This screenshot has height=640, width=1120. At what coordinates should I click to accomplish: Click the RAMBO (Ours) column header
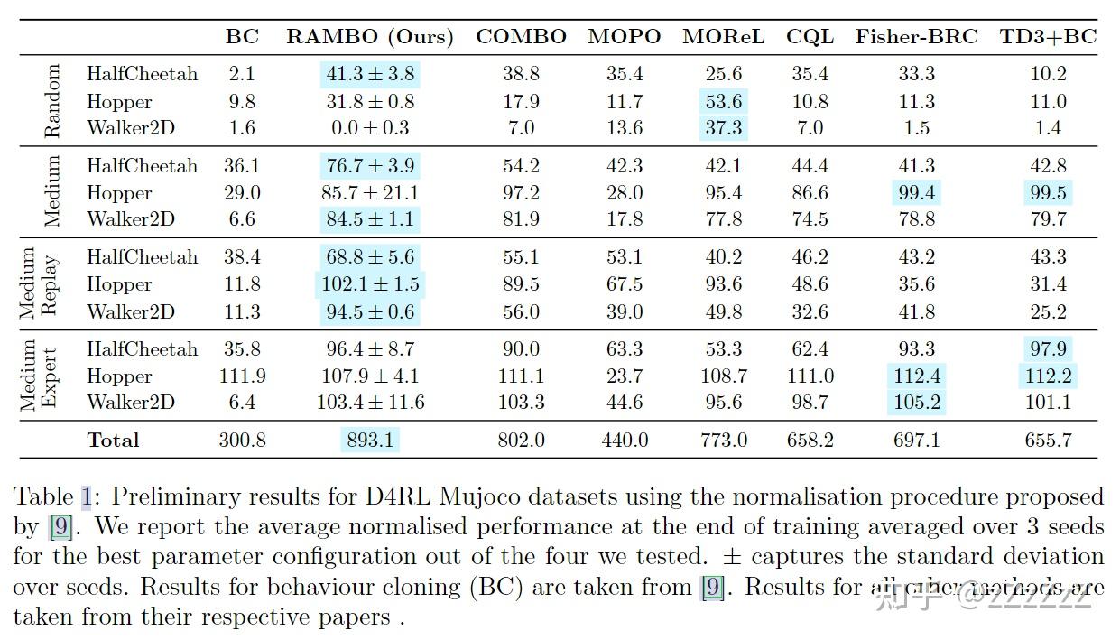pos(369,37)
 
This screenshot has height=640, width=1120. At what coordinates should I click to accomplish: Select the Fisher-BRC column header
pos(916,37)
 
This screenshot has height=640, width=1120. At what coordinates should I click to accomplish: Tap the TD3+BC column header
pos(1048,37)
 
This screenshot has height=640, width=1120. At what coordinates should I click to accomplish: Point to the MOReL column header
pos(723,37)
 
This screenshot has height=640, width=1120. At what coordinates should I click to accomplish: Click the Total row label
pos(113,441)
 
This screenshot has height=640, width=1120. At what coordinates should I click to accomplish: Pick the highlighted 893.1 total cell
pos(369,441)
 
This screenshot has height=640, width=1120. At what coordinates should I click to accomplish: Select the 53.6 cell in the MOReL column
pos(725,102)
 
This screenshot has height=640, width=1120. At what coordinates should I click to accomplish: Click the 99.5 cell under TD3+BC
pos(1048,193)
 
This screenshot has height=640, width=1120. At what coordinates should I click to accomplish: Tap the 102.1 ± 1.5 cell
pos(369,285)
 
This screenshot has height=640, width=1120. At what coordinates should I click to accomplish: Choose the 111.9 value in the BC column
pos(241,376)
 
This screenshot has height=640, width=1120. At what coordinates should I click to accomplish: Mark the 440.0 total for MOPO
pos(625,441)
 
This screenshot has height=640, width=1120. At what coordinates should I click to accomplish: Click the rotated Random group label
pos(51,101)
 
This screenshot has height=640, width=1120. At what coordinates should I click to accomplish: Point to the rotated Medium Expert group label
pos(40,376)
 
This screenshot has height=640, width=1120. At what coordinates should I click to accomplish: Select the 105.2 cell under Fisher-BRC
pos(916,403)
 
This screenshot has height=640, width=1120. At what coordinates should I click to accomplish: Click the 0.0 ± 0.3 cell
pos(369,128)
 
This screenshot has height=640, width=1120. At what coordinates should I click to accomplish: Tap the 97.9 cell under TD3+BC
pos(1048,349)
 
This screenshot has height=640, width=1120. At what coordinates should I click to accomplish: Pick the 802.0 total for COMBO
pos(521,441)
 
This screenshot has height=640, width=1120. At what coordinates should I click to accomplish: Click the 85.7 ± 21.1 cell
pos(369,193)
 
